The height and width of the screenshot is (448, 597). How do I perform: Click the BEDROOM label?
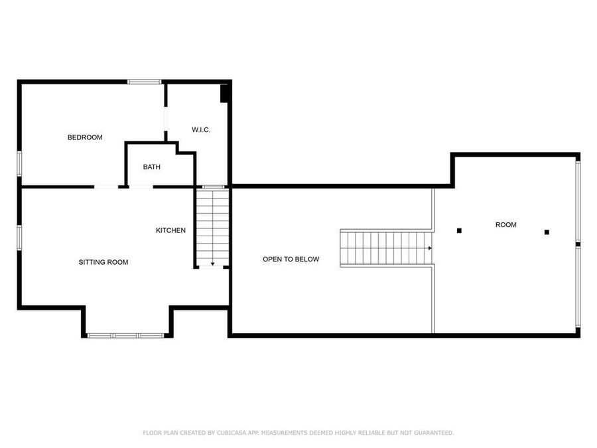coord(85,137)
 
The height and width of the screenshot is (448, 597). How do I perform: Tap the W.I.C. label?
coord(201,129)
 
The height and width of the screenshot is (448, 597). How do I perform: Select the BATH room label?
coord(151,167)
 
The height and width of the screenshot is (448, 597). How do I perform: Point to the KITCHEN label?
coord(170,230)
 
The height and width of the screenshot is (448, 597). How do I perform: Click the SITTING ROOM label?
coord(103,262)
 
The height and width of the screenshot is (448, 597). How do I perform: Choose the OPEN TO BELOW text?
coord(291,259)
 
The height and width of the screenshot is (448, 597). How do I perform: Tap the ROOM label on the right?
coord(505,225)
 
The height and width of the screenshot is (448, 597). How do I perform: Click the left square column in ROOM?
coord(459,231)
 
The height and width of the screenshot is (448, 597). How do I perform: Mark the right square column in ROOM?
coord(547,232)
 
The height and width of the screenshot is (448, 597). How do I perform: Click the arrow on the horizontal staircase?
coord(430,248)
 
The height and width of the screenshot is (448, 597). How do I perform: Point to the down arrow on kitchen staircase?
coord(212,263)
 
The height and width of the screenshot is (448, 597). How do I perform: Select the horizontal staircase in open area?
coord(385,248)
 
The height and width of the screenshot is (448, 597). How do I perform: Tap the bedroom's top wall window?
coord(145,82)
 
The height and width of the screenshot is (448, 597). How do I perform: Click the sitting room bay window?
coord(126,335)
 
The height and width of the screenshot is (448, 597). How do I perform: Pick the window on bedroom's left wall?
coord(20,163)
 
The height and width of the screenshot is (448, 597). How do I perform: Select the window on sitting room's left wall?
coord(20,238)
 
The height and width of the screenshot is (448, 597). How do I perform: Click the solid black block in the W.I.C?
coord(225,94)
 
